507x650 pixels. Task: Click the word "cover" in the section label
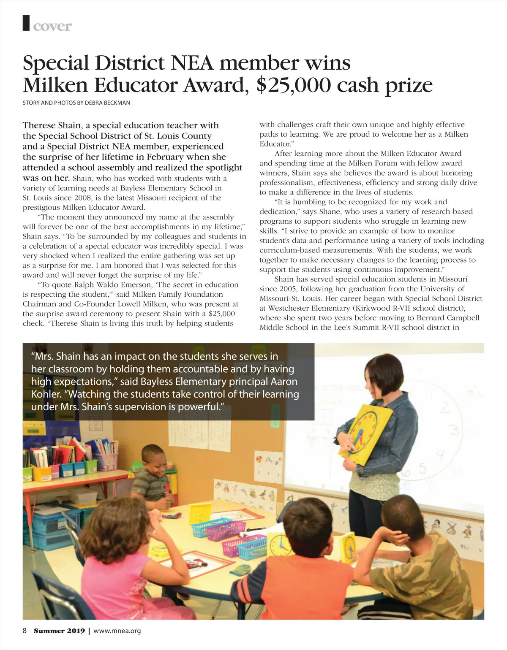click(x=52, y=26)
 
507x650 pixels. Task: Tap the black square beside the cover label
click(x=27, y=23)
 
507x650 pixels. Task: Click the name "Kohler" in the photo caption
click(x=46, y=394)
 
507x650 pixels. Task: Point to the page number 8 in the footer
click(x=25, y=631)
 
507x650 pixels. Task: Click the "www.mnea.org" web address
click(x=117, y=631)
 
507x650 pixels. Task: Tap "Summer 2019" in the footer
click(x=59, y=631)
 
